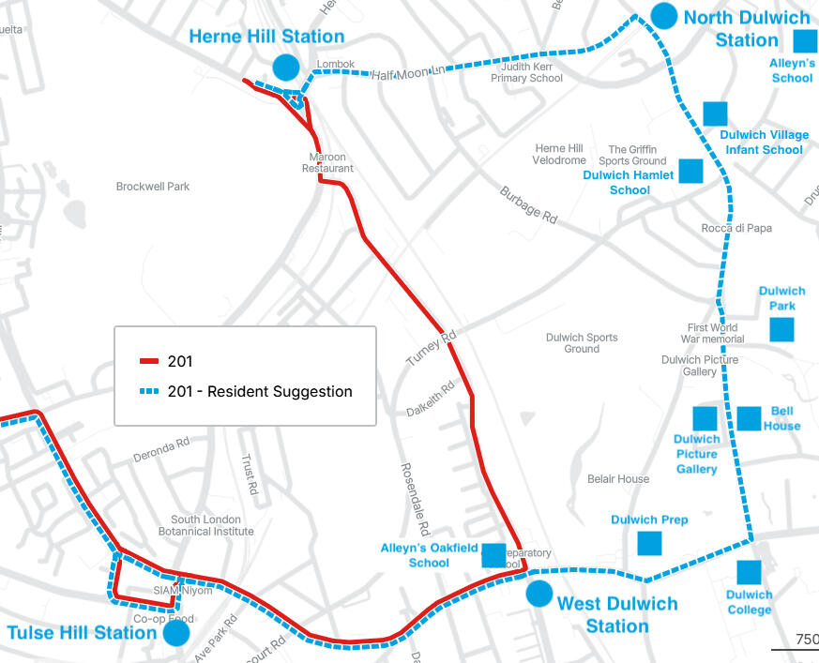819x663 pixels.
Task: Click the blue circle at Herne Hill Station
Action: pos(286,67)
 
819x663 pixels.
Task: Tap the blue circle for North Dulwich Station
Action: pos(663,15)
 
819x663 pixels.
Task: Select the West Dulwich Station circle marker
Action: pos(539,594)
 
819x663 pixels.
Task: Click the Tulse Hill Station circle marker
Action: pos(176,633)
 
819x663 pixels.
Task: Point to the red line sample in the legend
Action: pos(150,362)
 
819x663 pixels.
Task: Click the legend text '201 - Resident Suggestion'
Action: pos(260,392)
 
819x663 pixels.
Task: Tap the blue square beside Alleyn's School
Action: pos(805,40)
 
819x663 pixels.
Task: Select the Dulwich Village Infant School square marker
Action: pos(716,113)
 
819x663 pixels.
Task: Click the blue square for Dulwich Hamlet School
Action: pos(690,171)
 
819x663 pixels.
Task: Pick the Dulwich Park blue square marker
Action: pos(781,329)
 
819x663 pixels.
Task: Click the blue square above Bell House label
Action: pos(749,418)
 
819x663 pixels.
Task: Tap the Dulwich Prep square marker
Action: pos(649,543)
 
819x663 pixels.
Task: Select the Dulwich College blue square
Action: pos(749,572)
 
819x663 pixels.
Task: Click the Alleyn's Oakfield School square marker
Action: pos(493,555)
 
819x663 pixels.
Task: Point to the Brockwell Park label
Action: pos(153,187)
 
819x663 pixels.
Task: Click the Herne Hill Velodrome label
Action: pos(559,155)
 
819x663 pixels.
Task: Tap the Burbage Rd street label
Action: pos(528,204)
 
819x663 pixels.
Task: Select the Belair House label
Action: pos(618,479)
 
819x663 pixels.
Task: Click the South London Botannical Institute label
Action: pos(212,525)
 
